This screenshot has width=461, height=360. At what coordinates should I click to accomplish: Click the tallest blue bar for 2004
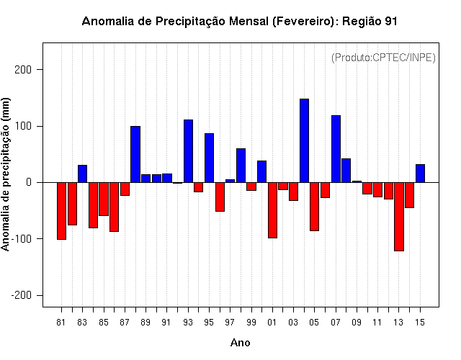304,140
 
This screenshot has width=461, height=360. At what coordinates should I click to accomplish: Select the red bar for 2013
399,217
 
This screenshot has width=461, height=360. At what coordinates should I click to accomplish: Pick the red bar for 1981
61,211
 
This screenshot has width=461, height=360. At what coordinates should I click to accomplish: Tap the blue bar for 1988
135,154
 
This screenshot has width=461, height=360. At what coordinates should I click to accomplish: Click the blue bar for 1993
188,151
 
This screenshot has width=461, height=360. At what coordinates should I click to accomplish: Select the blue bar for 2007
336,149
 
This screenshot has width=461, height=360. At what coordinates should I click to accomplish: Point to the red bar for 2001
272,210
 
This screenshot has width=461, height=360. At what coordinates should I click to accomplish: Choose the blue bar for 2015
420,174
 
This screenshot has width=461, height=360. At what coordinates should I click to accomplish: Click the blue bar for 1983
82,174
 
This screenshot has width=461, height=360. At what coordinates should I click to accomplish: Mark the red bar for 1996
220,197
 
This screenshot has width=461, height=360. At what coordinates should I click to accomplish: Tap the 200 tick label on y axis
22,70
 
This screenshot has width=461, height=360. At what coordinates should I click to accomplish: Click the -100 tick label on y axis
21,238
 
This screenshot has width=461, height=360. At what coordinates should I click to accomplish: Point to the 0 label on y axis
29,182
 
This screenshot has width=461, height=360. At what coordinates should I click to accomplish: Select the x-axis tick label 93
188,323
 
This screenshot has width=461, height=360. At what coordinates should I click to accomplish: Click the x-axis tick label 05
314,323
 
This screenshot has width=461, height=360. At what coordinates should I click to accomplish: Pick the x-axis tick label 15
420,323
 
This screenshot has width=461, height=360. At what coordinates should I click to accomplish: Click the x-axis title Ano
240,343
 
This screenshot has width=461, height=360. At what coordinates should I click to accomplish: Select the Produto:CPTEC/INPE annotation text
383,58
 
